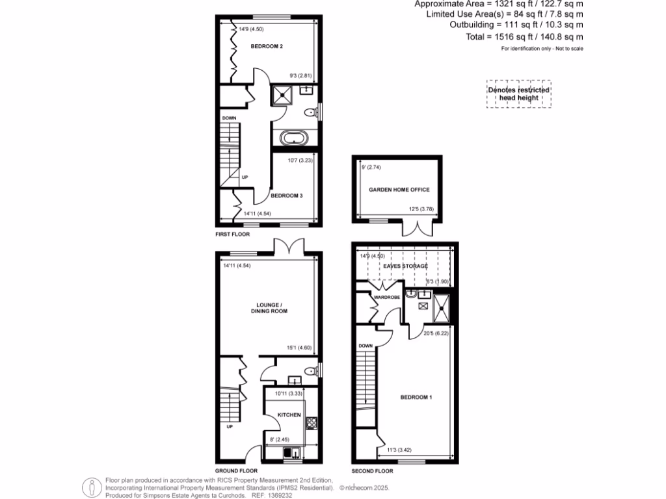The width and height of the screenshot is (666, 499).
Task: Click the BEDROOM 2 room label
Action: pos(267,47)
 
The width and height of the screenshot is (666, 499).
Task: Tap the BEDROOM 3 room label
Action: pos(287,195)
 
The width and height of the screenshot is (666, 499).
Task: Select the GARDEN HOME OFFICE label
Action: pos(399,190)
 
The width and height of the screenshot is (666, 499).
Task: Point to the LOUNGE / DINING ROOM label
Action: pos(272,308)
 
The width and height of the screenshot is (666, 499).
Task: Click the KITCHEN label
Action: pos(289,414)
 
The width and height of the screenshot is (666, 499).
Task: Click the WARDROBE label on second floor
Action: pos(388,297)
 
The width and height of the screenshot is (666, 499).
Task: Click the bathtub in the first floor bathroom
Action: pos(295,138)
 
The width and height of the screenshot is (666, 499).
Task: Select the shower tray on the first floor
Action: pos(284,95)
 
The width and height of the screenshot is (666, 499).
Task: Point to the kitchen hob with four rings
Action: pos(311,423)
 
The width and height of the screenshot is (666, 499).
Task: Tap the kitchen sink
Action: pos(291,452)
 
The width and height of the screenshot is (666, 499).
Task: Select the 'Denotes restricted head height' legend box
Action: pos(519,94)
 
